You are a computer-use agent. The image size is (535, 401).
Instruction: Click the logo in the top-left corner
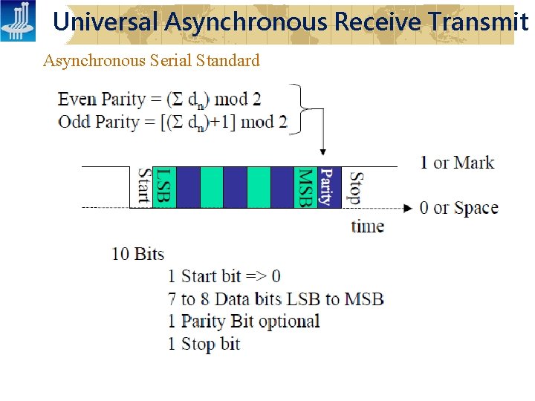pos(18,21)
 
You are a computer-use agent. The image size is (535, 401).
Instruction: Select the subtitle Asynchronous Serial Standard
pos(152,61)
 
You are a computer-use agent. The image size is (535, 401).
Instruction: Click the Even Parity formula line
pos(160,99)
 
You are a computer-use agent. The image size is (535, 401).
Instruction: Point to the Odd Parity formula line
pos(172,122)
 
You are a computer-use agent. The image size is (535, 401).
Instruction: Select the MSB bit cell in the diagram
pos(306,187)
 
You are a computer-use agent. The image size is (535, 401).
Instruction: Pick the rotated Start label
pos(143,187)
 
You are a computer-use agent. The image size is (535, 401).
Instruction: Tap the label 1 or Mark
pos(457,163)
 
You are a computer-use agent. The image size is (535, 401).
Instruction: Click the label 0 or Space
pos(458,208)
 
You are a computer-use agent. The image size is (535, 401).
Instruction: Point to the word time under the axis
pos(367,226)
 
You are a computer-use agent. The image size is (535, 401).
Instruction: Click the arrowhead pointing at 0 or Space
pos(407,208)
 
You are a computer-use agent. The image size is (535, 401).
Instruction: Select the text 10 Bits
pos(137,254)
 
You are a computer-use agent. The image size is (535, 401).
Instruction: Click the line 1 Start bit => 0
pos(224,276)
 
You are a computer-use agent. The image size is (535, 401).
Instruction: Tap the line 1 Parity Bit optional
pos(243,322)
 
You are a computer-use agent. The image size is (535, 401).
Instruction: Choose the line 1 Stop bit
pos(204,344)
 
